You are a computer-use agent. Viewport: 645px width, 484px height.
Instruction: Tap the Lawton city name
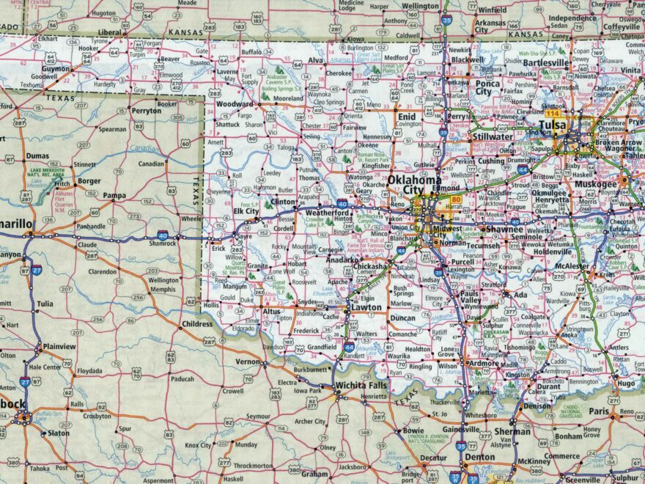(x=366, y=307)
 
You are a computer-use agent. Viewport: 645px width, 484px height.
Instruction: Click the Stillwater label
(x=493, y=136)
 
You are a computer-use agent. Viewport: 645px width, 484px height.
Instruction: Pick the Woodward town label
(x=235, y=105)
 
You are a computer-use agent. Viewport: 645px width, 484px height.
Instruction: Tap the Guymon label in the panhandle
(x=56, y=67)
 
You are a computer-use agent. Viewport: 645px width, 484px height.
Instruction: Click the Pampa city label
(x=114, y=196)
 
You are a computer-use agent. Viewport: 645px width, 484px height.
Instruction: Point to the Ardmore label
(x=484, y=363)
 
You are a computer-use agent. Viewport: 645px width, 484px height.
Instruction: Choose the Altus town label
(x=271, y=312)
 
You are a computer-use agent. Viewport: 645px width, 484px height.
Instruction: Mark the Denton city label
(x=479, y=457)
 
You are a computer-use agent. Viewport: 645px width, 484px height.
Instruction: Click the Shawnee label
(x=504, y=229)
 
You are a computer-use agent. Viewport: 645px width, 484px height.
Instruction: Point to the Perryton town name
(x=145, y=110)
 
